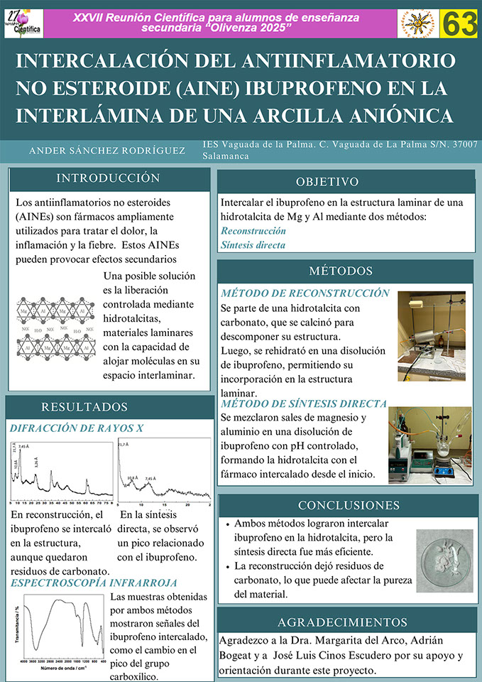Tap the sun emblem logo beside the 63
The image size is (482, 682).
(x=418, y=24)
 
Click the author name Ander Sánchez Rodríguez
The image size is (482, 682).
(x=107, y=151)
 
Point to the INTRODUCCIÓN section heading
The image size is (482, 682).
(x=108, y=178)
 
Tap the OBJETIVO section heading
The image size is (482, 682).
(x=327, y=182)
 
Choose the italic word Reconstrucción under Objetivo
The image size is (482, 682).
(x=253, y=231)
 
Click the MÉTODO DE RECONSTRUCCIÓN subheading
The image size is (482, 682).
(x=305, y=293)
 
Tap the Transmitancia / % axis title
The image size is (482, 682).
(x=16, y=625)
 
